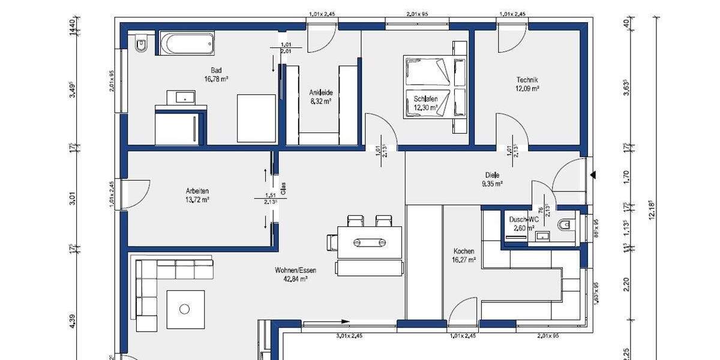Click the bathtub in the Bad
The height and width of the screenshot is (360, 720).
185,44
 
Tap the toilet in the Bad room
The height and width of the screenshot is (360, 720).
141,44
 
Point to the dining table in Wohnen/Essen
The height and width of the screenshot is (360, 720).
369,242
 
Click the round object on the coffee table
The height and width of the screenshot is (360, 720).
185,309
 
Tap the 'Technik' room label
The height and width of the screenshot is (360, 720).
527,80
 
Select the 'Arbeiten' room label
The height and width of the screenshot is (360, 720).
197,191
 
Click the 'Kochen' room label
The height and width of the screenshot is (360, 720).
464,251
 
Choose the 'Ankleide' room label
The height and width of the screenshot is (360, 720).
321,92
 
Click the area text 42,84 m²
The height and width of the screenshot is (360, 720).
296,278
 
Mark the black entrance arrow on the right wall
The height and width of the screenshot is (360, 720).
594,175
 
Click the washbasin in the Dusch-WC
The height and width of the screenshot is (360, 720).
543,236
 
